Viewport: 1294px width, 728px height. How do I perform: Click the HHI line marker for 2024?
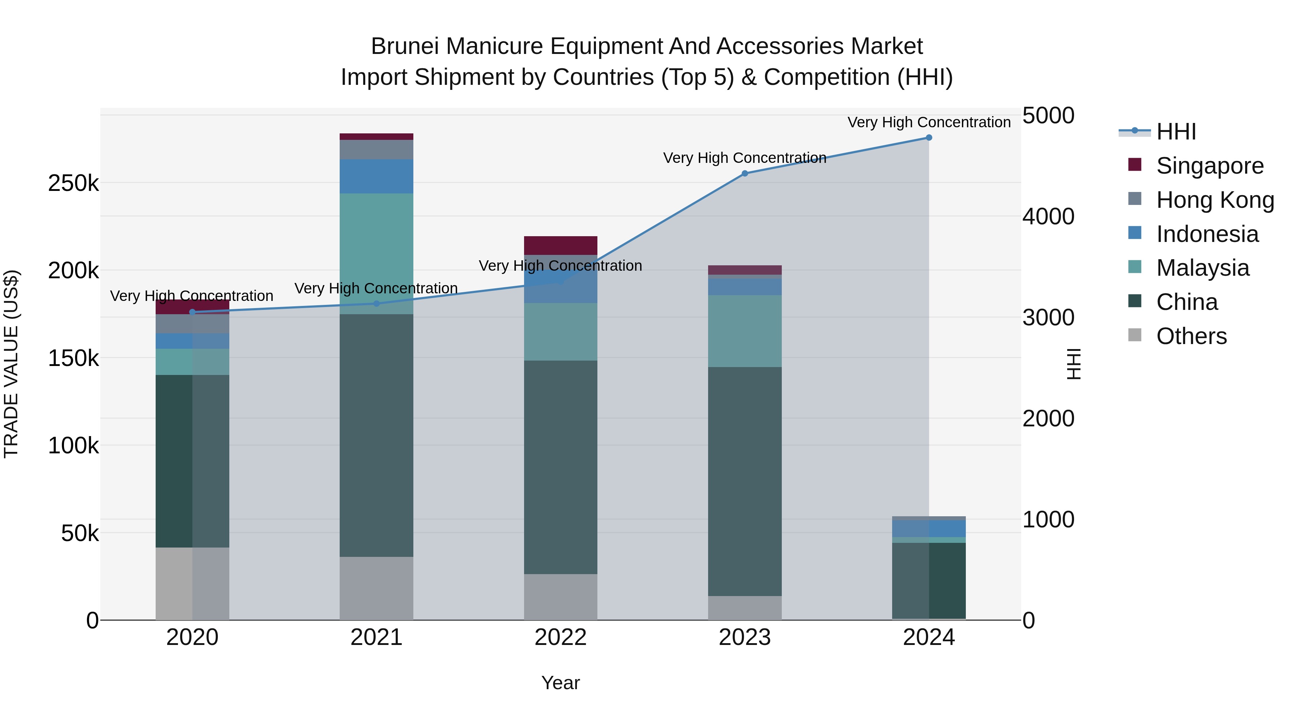point(929,138)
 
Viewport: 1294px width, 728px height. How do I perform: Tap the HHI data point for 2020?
point(192,312)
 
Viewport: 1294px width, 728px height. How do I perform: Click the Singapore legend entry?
point(1209,166)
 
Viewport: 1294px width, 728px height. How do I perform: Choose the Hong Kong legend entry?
point(1215,200)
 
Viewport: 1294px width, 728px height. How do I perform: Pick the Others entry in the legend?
point(1191,336)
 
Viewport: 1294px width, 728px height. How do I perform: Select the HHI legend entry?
point(1175,132)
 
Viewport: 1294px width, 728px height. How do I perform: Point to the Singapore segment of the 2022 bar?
point(561,245)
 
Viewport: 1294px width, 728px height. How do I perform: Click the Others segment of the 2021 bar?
point(376,588)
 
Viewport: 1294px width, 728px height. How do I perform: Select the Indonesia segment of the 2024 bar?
point(929,528)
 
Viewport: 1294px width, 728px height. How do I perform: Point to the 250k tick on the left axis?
point(73,183)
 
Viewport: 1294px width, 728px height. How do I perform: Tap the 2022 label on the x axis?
point(561,637)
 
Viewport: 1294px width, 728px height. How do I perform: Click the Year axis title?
point(561,683)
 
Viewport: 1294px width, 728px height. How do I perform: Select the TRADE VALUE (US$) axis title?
point(11,364)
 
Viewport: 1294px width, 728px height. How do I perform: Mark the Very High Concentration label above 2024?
point(929,122)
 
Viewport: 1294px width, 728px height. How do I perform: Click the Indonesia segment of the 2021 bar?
point(376,177)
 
